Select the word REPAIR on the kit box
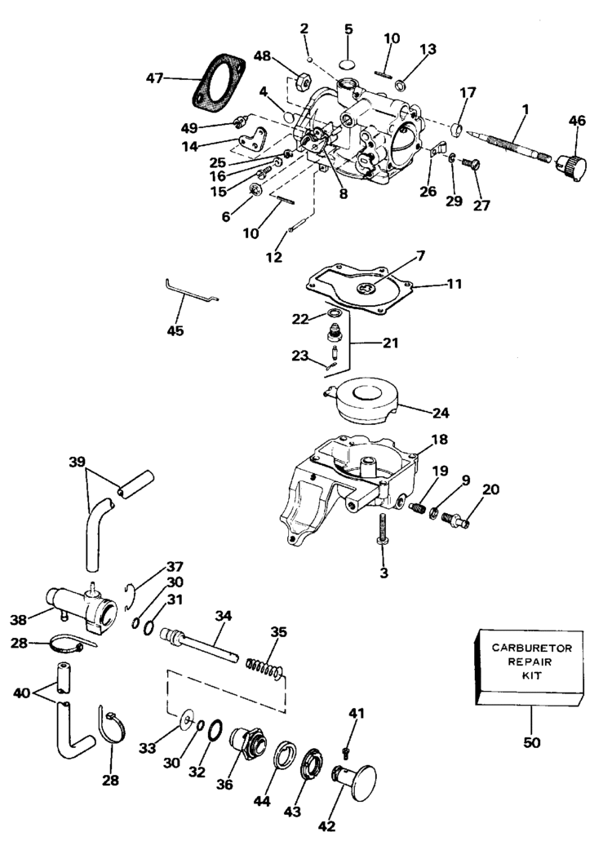(x=530, y=662)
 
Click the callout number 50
(x=531, y=743)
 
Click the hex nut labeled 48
(x=303, y=82)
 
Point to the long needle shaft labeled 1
(x=509, y=146)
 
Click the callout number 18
(x=439, y=440)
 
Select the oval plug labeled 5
(x=348, y=64)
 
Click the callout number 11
(x=455, y=283)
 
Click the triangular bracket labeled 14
(x=253, y=139)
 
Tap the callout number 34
(x=223, y=616)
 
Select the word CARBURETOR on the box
(x=531, y=648)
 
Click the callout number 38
(x=18, y=620)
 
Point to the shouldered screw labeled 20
(x=455, y=519)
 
